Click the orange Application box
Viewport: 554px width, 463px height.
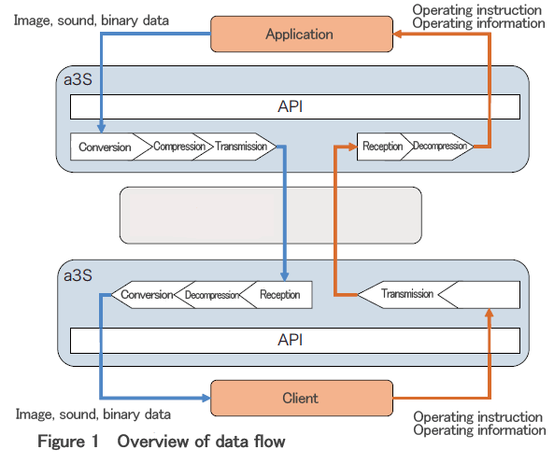302,34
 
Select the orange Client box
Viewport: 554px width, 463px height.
302,398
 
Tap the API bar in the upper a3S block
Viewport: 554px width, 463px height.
295,106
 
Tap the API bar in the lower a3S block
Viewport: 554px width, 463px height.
295,340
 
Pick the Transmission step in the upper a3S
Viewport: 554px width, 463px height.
240,147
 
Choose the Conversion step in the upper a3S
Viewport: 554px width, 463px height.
106,147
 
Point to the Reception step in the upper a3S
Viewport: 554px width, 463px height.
383,147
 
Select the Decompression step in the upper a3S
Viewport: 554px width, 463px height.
440,147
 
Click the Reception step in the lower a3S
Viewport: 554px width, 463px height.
279,295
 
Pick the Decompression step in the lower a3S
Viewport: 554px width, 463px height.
212,295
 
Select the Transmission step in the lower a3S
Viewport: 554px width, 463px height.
406,295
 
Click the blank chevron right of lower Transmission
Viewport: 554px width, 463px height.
484,295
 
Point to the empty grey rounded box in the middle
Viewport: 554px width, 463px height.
271,216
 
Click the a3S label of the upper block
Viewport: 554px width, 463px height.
78,79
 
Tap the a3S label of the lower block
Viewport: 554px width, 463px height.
78,275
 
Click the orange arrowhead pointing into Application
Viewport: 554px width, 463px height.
397,34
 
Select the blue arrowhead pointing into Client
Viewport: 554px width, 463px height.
206,398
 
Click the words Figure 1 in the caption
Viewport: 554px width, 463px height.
68,442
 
